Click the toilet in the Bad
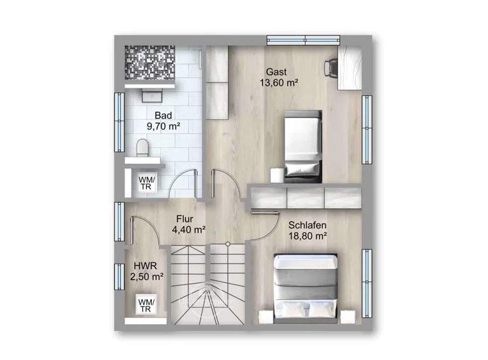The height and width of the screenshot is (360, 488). point(142,147)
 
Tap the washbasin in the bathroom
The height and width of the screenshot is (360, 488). point(152,95)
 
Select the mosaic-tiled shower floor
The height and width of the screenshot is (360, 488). point(150,62)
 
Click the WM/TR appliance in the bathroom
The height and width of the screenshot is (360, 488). point(147,183)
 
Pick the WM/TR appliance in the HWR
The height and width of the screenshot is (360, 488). point(146,305)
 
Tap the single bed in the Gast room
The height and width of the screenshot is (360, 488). point(303,146)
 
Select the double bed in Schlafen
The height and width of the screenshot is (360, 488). point(306,288)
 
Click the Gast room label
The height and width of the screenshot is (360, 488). point(276,72)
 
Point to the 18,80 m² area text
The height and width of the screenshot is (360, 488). point(308,236)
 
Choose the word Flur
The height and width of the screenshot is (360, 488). point(184,219)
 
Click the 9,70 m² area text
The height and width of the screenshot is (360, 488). point(163,126)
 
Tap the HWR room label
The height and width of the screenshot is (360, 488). point(146,266)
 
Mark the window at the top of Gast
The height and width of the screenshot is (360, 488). point(304,40)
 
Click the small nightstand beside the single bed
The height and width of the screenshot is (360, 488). point(276,175)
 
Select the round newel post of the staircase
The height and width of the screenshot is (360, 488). point(228,244)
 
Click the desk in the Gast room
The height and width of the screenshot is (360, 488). point(350,68)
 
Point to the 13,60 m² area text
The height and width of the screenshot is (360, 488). point(279,83)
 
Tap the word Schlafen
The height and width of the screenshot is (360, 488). point(308,225)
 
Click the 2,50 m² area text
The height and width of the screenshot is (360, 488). point(147,277)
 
